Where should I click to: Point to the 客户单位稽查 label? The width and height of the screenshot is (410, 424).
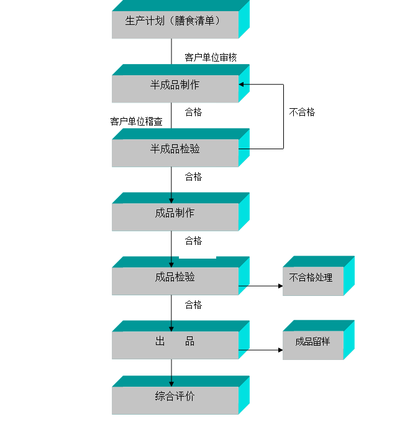[137, 121]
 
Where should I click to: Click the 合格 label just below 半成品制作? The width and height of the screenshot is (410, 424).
[194, 113]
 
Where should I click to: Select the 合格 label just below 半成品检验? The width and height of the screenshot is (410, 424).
[194, 177]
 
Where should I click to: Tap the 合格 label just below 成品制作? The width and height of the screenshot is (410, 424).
[194, 241]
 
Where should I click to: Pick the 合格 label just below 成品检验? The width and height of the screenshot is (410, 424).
[194, 305]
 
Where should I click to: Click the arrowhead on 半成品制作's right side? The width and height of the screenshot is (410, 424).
[242, 84]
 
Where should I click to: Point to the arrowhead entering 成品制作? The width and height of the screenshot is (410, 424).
[171, 200]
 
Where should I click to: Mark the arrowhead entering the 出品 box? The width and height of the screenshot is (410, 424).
[171, 328]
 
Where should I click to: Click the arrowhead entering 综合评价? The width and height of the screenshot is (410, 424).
[171, 383]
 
